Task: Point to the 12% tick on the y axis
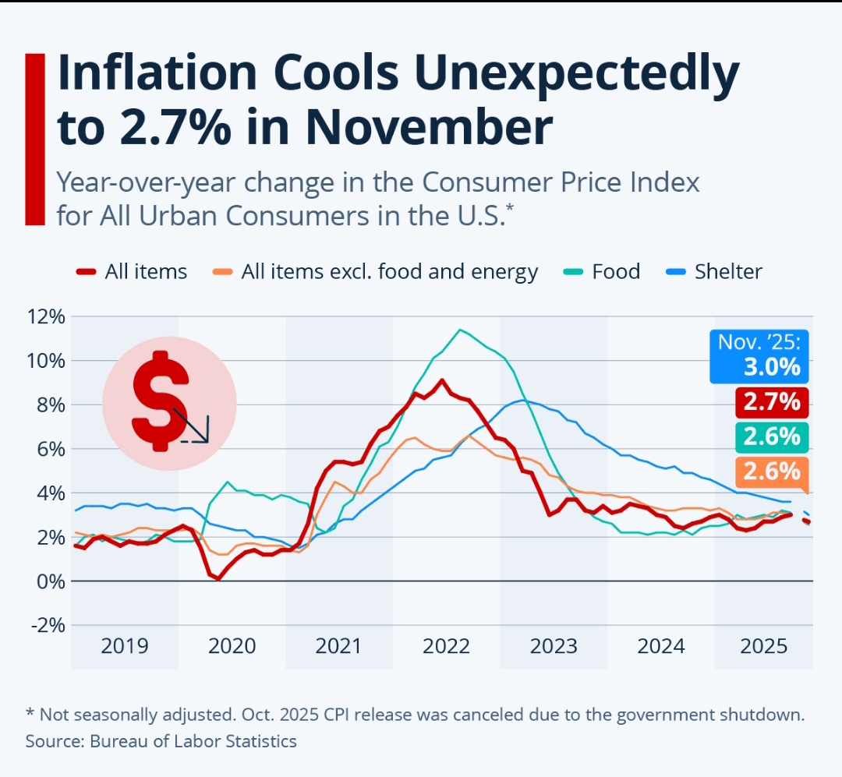(x=45, y=316)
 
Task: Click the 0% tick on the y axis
(x=50, y=581)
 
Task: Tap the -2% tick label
(x=47, y=625)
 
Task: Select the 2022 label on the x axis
(x=447, y=646)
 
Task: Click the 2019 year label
(x=125, y=646)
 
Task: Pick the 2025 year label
(x=762, y=646)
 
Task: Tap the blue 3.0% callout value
(x=772, y=366)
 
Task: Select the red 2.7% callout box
(x=772, y=402)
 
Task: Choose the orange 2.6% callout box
(x=772, y=471)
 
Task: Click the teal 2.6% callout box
(x=772, y=437)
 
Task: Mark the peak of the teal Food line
(x=461, y=330)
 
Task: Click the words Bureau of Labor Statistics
(x=193, y=740)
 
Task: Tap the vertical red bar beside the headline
(x=35, y=140)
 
